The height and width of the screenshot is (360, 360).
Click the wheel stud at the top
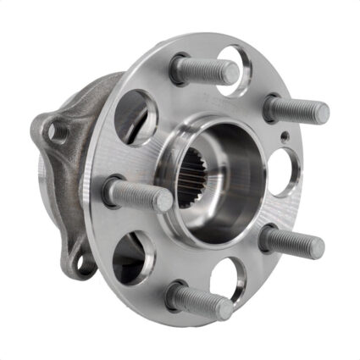(205, 69)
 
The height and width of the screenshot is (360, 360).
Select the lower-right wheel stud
(291, 242)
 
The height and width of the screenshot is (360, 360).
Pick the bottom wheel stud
(200, 301)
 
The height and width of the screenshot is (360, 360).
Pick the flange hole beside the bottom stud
(229, 276)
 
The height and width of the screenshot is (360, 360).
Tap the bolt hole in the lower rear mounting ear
(83, 265)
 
